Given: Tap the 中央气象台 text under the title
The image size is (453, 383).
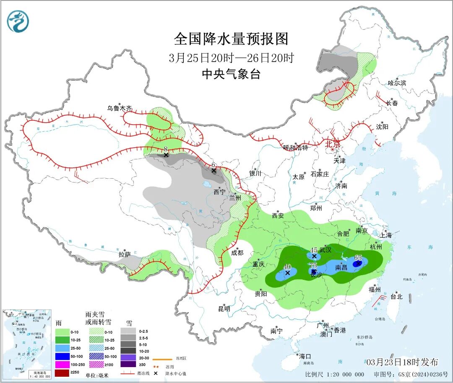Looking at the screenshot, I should click(x=231, y=74).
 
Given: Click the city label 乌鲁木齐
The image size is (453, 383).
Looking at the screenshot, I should click(x=119, y=108).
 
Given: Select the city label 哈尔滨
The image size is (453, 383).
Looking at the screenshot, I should click(x=397, y=83).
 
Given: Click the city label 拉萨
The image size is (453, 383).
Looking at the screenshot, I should click(x=125, y=254).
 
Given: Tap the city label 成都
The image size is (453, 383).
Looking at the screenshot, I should click(x=237, y=253).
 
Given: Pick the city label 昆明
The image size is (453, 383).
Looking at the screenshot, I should click(x=224, y=309).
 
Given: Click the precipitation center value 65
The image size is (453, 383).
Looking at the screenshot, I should click(x=358, y=258).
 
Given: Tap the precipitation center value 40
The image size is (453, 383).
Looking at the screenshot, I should click(x=287, y=266).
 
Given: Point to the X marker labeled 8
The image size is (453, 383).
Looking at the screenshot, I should click(x=166, y=155).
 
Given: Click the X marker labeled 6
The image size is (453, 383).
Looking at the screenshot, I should click(x=213, y=170).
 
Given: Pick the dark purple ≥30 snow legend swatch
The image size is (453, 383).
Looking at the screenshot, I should click(x=128, y=366).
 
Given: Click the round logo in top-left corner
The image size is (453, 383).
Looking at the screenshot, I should click(x=18, y=21).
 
